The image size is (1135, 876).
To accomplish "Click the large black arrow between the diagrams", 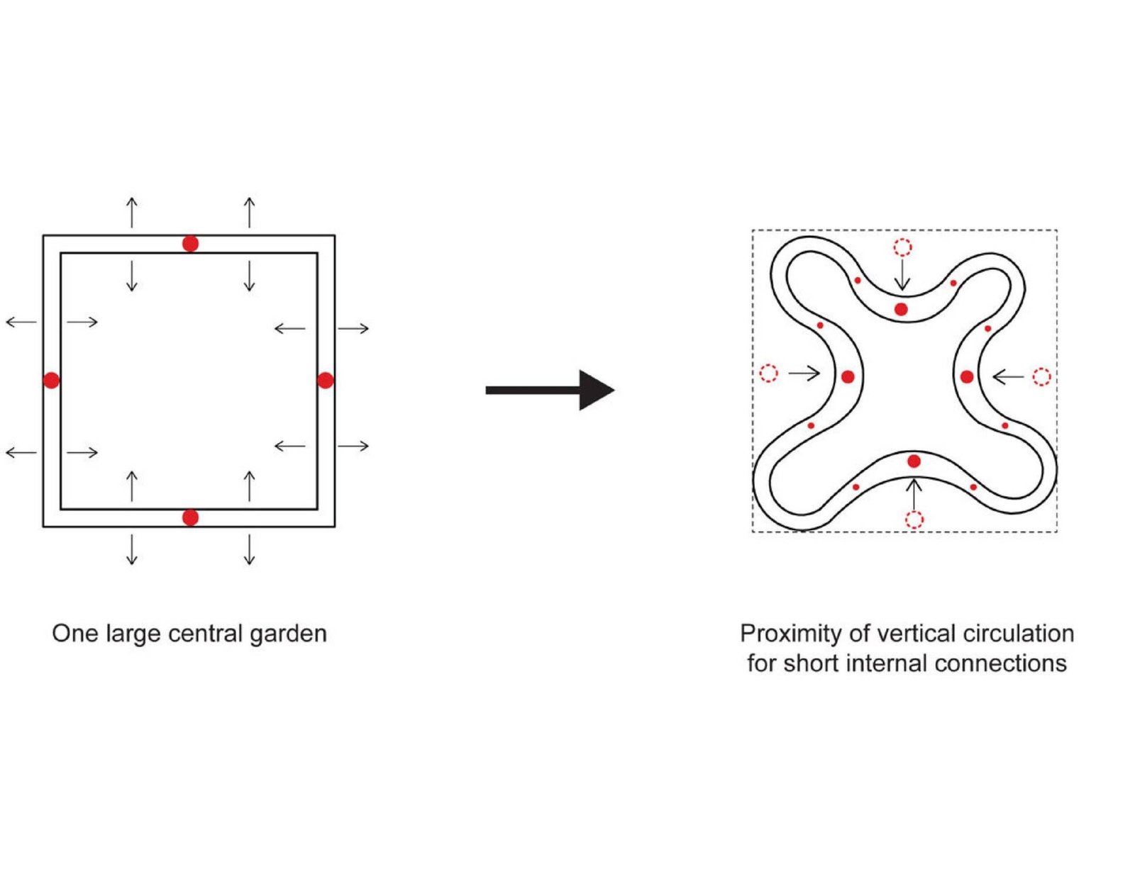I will tap(550, 390).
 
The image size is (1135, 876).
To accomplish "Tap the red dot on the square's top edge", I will tap(190, 244).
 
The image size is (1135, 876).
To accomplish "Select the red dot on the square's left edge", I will tap(51, 381).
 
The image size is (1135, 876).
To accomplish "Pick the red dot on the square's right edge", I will tap(325, 381).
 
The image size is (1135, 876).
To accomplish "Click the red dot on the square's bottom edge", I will tap(190, 517).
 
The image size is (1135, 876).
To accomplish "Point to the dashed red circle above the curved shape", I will tap(902, 247).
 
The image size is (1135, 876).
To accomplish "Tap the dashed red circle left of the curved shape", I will tap(768, 373).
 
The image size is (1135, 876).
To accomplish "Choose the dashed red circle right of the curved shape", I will tap(1041, 376).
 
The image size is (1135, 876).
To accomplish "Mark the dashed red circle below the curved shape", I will tap(914, 520).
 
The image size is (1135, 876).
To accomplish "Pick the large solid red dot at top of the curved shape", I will tap(901, 309).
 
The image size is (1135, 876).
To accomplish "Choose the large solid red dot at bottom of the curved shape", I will tap(914, 461).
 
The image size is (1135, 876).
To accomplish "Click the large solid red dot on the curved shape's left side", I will tap(848, 377).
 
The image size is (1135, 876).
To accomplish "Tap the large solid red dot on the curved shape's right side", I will tap(967, 377).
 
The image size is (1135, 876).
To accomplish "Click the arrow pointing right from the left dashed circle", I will tap(804, 373).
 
